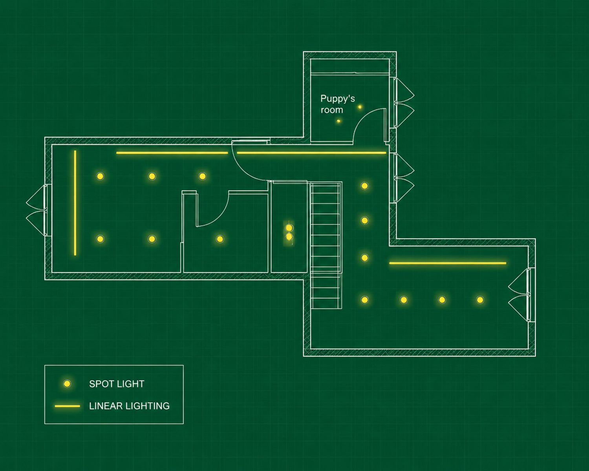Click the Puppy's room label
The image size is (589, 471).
pos(337,104)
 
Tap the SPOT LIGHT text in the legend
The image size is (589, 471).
pos(117,384)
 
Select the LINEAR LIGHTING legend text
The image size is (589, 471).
pos(129,406)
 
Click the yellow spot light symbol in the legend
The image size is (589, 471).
pos(67,384)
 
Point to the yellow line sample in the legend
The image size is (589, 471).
pos(67,406)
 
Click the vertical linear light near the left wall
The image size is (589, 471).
pos(75,203)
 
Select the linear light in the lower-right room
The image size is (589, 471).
pos(448,263)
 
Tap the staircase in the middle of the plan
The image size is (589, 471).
pos(326,245)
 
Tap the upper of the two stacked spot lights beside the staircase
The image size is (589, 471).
pos(289,228)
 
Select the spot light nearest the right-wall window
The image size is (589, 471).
pos(480,300)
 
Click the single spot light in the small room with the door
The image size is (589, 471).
pos(220,239)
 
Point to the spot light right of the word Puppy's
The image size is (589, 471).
pos(360,107)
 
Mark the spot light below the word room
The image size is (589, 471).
pos(338,121)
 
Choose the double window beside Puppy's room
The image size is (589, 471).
pos(404,103)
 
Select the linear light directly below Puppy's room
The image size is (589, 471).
pos(311,153)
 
